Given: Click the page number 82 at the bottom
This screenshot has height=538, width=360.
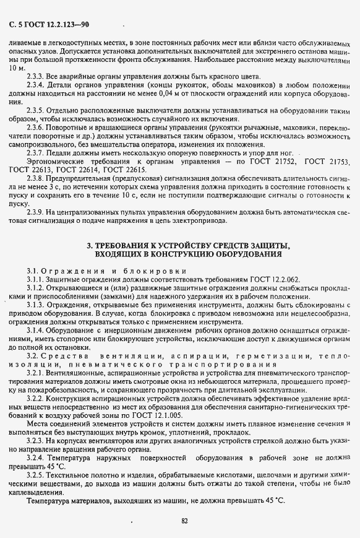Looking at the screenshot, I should (184, 521).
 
